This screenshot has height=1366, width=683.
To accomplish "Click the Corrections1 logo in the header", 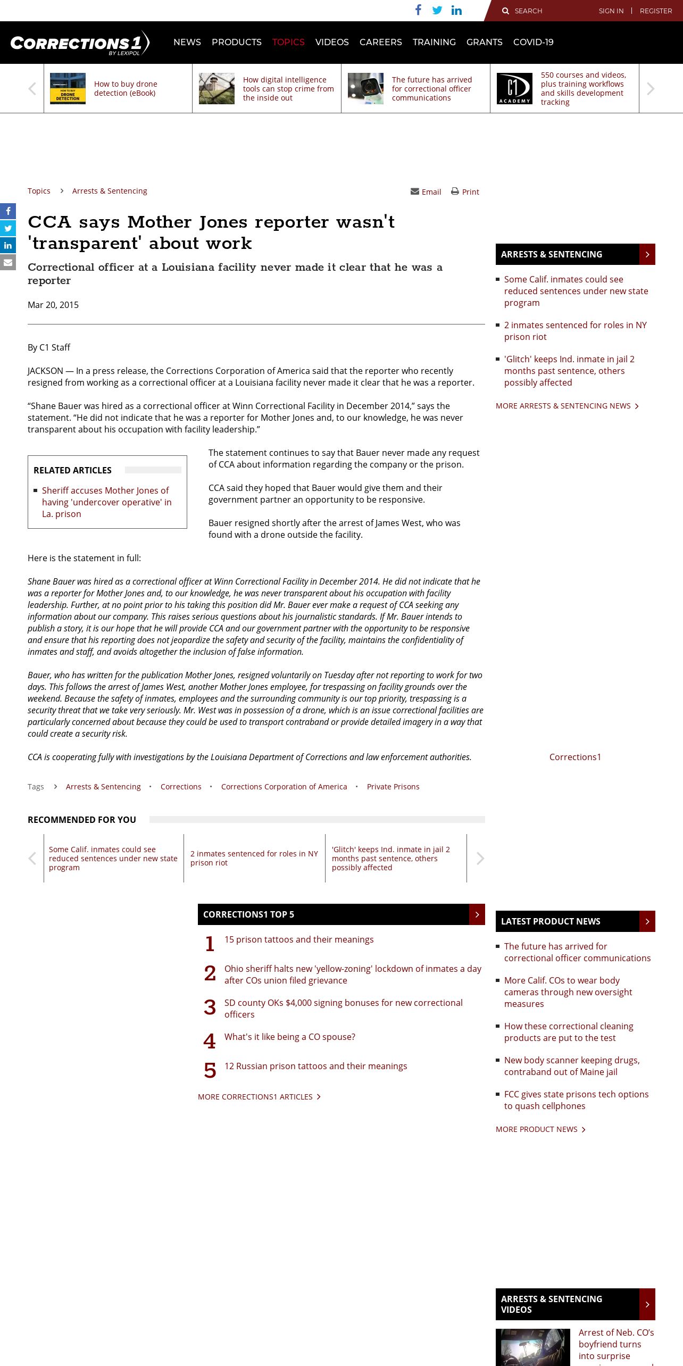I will [80, 43].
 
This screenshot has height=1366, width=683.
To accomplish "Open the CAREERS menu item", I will [380, 43].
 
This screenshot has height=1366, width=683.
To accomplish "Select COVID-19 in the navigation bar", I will [533, 43].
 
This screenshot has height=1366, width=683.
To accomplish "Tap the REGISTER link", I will [655, 11].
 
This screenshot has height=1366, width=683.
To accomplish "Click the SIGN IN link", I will [611, 11].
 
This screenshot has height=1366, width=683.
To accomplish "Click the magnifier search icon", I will [505, 11].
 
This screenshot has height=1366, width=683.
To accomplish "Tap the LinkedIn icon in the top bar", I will [456, 11].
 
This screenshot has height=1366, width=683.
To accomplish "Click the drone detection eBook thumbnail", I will [68, 88].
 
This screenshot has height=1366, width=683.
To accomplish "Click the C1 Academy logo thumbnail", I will [514, 88].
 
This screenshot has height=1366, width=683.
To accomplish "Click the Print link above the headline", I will [465, 192].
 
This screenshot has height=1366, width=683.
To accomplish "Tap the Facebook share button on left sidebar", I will [8, 211].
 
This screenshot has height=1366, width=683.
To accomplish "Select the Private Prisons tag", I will [393, 787].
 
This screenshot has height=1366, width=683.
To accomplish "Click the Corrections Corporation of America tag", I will [284, 787].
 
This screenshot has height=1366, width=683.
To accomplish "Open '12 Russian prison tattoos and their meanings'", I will [315, 1066].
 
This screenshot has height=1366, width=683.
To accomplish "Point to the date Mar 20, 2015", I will [53, 305].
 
